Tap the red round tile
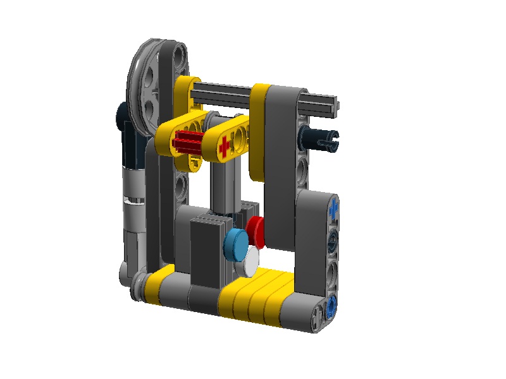click(x=257, y=230)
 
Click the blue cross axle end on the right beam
click(x=333, y=207)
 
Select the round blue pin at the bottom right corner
click(x=331, y=310)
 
